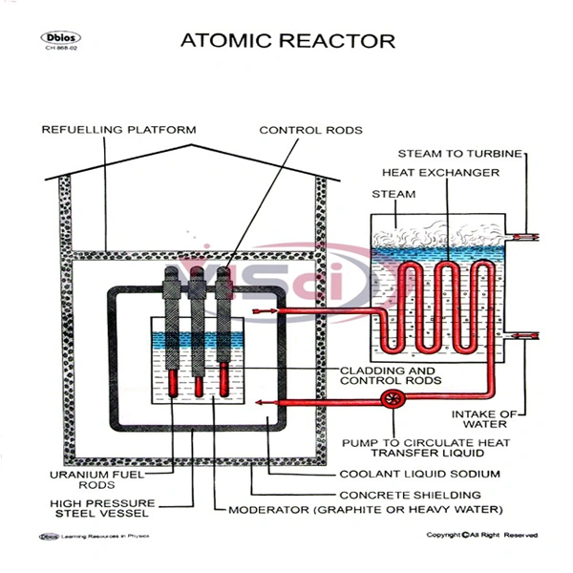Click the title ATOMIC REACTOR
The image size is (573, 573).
click(287, 41)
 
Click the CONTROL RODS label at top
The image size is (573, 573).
click(311, 129)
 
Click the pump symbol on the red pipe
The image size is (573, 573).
click(390, 397)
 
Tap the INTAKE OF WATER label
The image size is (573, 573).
click(491, 419)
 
